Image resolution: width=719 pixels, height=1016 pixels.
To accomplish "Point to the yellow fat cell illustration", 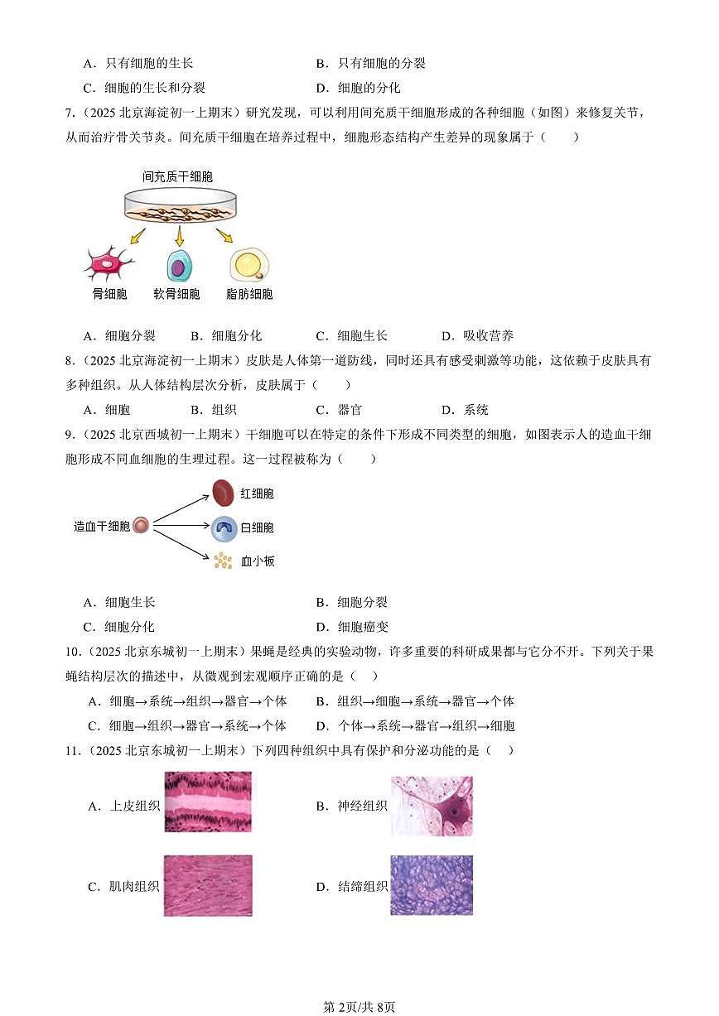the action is point(249,264).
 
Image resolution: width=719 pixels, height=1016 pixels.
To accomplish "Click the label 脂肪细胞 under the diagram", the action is point(249,294).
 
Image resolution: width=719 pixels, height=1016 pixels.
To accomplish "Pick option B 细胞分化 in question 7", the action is point(225,335).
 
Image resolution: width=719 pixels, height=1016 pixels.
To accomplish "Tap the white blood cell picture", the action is point(224,527).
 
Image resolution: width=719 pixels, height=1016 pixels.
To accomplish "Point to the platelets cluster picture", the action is point(223,561).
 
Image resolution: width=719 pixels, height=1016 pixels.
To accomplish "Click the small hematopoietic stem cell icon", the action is point(141,526).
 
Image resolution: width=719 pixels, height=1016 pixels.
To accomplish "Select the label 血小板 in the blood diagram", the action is point(258,561).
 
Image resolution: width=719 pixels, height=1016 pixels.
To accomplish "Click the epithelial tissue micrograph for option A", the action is point(208,802).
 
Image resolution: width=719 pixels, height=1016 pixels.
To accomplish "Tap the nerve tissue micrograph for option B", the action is point(432,806).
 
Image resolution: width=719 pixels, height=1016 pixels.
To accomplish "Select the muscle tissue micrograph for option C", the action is point(208,885).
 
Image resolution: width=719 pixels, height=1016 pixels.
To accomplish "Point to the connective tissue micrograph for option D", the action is point(432,885).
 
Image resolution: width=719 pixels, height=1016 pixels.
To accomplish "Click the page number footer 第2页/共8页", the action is point(359,1007).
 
